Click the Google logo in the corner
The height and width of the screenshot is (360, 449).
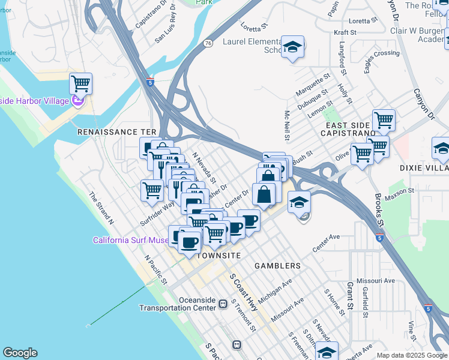20,353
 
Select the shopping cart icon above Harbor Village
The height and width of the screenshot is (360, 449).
80,83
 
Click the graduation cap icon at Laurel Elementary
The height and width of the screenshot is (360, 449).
292,47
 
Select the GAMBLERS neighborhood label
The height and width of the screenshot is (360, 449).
277,265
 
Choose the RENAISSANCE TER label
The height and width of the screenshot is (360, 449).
116,131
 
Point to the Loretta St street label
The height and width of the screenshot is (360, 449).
253,27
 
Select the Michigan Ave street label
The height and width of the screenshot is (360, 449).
275,290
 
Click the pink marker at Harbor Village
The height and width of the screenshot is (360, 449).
77,100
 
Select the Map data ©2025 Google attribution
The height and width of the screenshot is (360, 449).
411,355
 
